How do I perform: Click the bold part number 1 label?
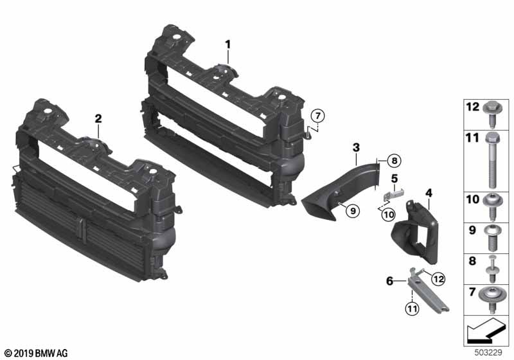pos(228,44)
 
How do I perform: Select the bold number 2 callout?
pos(98,119)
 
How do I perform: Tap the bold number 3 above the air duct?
pos(356,148)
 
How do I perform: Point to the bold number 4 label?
pos(429,193)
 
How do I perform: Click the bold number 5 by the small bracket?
pos(394,179)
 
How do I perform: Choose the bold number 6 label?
pos(389,281)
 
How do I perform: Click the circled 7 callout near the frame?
pos(317,116)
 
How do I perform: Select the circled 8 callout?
pos(394,161)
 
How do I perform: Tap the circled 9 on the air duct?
pos(353,211)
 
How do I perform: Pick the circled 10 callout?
pos(389,215)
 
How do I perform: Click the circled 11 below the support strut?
pos(412,309)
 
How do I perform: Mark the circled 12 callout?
pos(438,279)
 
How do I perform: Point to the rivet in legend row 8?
pos(492,269)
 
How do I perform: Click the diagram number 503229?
pos(488,353)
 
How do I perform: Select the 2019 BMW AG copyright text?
pos(37,354)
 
